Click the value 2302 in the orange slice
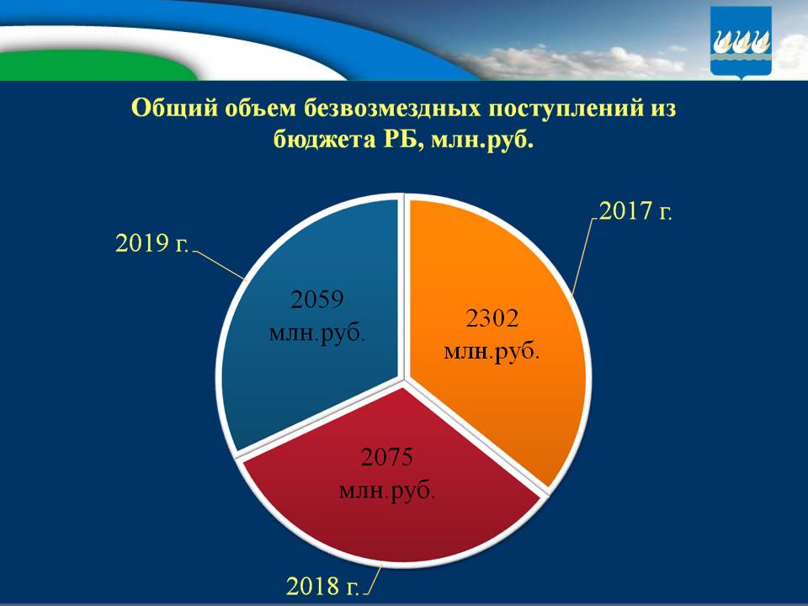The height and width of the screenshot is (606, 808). point(492,318)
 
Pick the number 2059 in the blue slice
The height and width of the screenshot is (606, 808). point(317,299)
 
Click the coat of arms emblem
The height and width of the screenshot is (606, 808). point(741,42)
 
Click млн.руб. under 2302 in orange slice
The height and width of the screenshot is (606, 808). point(492,350)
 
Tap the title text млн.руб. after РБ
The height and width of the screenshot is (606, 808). point(482,138)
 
